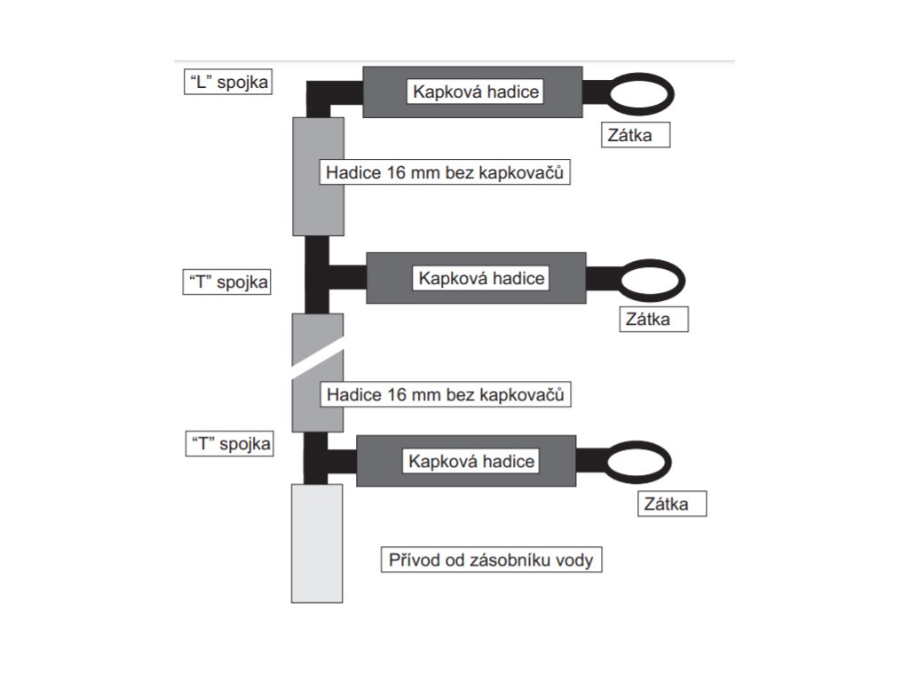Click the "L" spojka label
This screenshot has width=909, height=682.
(x=225, y=83)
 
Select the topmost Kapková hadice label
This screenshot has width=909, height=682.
(x=475, y=91)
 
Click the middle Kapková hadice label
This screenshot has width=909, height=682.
(x=481, y=278)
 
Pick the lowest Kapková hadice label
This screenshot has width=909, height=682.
(x=470, y=462)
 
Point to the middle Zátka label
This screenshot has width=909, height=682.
(x=653, y=320)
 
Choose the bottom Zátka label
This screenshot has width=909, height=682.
(x=673, y=504)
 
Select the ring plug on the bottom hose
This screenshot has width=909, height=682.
(x=637, y=462)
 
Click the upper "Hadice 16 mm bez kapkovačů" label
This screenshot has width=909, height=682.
(x=444, y=173)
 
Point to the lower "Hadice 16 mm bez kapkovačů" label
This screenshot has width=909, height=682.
(x=445, y=394)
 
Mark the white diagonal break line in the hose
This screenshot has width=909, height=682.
(x=318, y=361)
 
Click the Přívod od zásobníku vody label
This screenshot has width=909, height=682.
(x=491, y=560)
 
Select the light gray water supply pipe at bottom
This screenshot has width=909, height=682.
(x=317, y=543)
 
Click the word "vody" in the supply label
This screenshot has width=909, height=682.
(x=576, y=560)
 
